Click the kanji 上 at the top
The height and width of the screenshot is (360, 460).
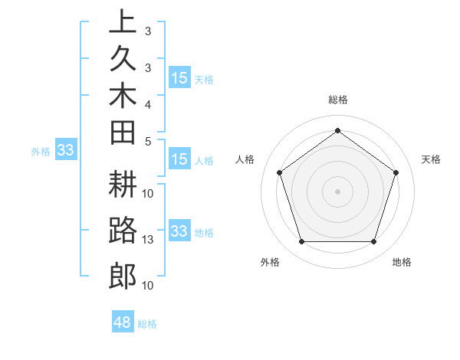pos(123,21)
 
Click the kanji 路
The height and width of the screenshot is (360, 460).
pos(123,231)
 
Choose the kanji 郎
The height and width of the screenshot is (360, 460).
pos(123,276)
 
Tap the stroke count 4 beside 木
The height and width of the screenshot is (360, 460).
pos(148,103)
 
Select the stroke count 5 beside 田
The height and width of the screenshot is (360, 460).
pos(148,141)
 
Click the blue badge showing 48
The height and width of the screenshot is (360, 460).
pos(123,322)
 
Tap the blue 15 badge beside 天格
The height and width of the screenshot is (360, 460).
pos(179,78)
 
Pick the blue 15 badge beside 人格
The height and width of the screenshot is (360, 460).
pos(179,159)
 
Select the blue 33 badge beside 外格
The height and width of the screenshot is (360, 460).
pos(65,150)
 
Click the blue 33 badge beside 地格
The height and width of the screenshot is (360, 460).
pos(179,231)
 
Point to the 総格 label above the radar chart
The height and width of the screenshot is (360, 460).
pos(338,100)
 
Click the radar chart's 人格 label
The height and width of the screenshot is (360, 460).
pos(245,159)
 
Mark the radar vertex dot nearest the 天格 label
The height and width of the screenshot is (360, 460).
pos(396,172)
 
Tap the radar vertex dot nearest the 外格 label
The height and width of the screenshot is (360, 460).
pos(301,242)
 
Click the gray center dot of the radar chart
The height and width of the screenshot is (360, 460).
pos(337,191)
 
